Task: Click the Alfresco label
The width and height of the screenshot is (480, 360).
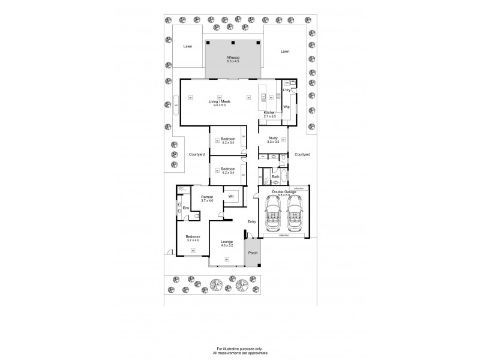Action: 233,58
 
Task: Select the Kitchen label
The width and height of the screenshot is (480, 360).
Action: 269,112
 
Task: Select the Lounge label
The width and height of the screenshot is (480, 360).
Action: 226,242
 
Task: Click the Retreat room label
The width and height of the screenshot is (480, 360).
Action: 208,196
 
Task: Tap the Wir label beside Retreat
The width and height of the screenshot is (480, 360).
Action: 230,196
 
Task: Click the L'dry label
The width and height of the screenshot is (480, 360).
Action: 287,90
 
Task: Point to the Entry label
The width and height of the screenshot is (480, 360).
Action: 252,221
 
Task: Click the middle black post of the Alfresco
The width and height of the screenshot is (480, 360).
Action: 233,43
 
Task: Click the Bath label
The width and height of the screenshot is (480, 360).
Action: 275,177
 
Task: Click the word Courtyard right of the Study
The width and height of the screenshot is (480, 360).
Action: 302,154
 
